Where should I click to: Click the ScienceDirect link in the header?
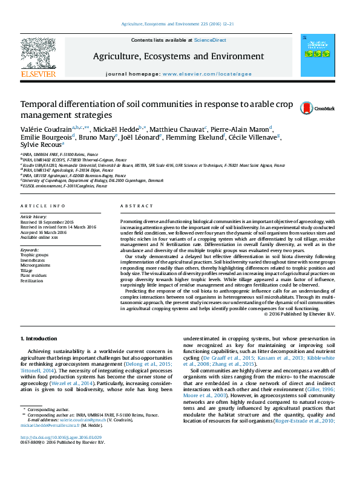point(210,39)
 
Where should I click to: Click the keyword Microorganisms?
point(36,265)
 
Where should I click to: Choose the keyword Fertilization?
point(32,281)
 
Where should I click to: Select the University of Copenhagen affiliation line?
point(93,180)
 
